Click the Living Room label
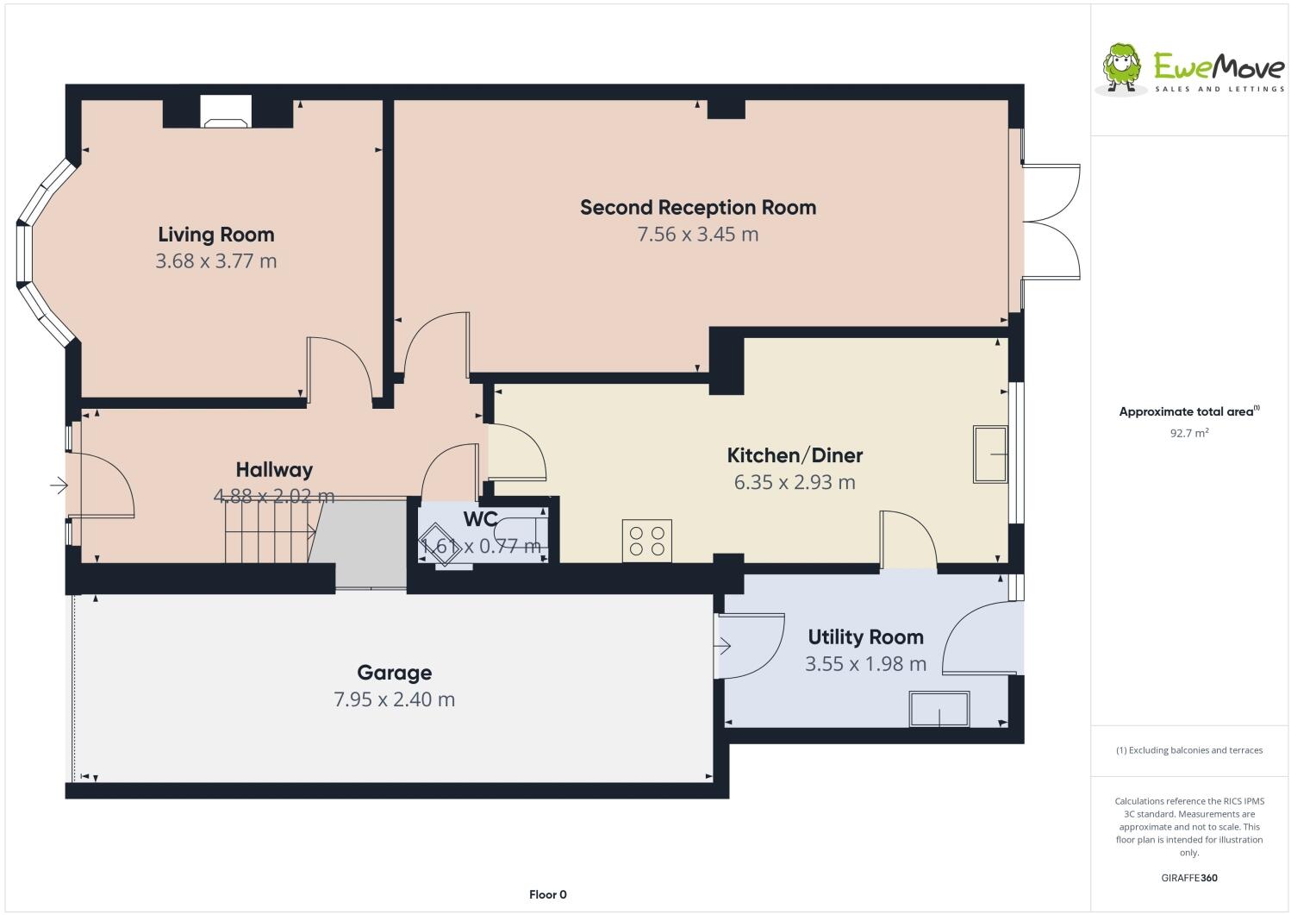click(215, 235)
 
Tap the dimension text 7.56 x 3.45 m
click(697, 235)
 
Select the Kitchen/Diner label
click(795, 455)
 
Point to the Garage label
click(394, 673)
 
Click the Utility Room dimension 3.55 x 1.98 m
click(865, 664)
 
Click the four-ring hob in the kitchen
click(646, 541)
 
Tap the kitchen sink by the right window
click(990, 454)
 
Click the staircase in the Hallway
click(269, 532)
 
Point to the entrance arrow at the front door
click(59, 486)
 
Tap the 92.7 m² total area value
click(1188, 434)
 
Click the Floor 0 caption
click(547, 894)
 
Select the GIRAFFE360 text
click(1189, 878)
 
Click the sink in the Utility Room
click(939, 708)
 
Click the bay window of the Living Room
click(43, 253)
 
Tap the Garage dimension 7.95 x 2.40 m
click(394, 699)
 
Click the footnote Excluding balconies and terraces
click(1189, 750)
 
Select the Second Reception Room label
click(697, 208)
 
